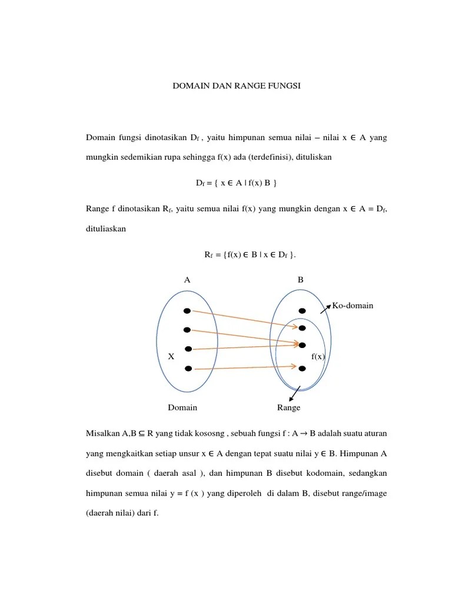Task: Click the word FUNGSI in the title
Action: click(284, 86)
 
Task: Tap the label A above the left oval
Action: click(187, 280)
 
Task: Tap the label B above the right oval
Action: click(300, 280)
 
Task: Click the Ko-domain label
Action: click(353, 306)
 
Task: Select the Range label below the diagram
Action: click(288, 407)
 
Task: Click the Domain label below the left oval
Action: click(182, 407)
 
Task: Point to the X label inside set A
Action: click(171, 356)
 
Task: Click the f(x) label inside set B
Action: click(318, 356)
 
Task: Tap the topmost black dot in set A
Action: click(187, 310)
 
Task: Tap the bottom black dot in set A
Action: click(188, 369)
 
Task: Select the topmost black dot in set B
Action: click(302, 310)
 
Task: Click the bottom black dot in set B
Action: click(302, 369)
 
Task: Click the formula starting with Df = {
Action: click(236, 183)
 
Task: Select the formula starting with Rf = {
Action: click(250, 254)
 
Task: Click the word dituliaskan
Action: click(106, 230)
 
